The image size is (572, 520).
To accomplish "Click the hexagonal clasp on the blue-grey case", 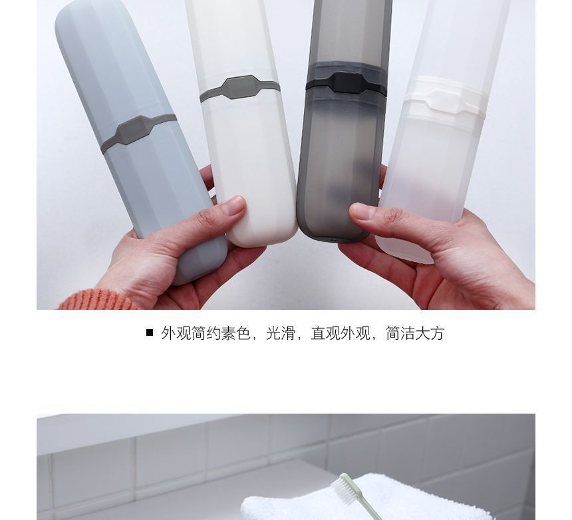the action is click(x=132, y=130).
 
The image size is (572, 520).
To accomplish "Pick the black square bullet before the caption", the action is click(x=150, y=333).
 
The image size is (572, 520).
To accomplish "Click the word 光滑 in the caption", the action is click(x=281, y=333).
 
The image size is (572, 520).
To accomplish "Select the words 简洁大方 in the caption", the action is click(x=415, y=333).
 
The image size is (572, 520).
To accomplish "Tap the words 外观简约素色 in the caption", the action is click(x=206, y=333).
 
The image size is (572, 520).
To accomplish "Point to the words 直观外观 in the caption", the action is click(x=341, y=333).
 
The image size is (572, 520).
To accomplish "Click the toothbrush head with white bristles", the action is click(x=344, y=488).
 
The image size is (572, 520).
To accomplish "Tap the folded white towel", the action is click(x=364, y=500).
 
